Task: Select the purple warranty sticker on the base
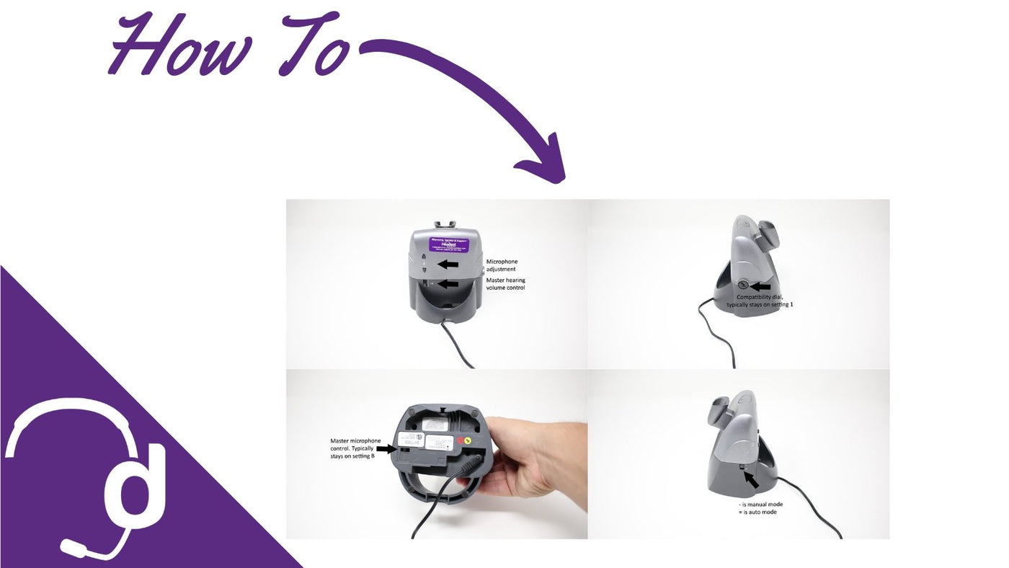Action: coord(445,242)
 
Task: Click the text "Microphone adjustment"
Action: coord(502,265)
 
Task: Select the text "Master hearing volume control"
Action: coord(505,283)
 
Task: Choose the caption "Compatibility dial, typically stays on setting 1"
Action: coord(760,301)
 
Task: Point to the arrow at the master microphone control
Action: coord(386,448)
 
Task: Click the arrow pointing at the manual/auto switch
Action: coord(751,479)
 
